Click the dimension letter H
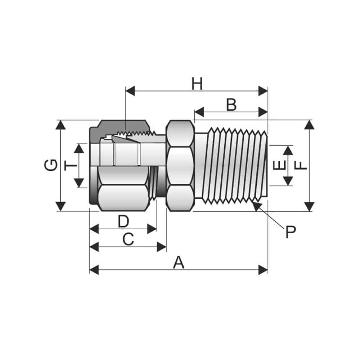pos(197,84)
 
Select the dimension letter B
pos(231,105)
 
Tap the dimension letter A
pos(179,263)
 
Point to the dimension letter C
pos(128,239)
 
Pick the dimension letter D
pos(123,221)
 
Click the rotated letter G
pos(51,165)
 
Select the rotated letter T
pos(71,166)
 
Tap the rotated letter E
pos(279,165)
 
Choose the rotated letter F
pos(301,165)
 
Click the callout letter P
pos(291,232)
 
